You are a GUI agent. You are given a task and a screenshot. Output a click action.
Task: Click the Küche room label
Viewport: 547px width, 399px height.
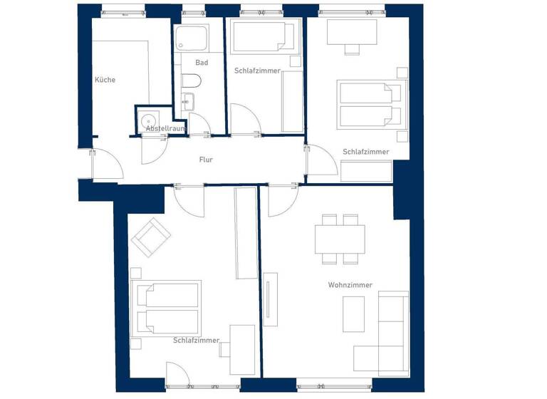[105, 80]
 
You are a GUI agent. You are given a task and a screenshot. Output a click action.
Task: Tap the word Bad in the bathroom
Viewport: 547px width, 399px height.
[202, 63]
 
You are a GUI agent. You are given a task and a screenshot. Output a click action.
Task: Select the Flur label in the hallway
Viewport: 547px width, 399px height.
[206, 160]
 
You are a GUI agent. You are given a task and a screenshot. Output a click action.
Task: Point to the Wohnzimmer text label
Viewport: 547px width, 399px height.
[350, 285]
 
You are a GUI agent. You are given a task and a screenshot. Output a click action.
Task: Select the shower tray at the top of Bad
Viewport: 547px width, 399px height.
[192, 38]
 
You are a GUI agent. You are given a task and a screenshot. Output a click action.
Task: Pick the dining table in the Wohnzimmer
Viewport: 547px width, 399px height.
[340, 239]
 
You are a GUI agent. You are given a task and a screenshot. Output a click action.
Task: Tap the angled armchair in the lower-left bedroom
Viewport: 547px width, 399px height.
[151, 237]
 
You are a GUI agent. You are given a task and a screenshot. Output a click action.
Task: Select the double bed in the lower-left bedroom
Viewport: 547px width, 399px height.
[165, 308]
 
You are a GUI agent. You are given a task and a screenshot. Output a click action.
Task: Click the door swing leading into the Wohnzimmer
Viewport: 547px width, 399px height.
[280, 200]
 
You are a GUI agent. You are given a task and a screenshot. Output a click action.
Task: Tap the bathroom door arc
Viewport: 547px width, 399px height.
[198, 124]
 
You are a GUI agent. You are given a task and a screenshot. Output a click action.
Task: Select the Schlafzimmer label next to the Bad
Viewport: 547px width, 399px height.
[257, 71]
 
